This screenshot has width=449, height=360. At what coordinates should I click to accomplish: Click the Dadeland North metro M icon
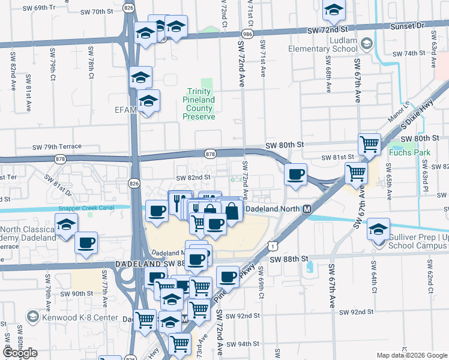click(x=307, y=209)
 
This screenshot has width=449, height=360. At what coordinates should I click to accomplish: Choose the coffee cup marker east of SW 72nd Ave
click(x=295, y=175)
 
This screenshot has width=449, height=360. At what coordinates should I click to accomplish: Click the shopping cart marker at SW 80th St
click(x=369, y=143)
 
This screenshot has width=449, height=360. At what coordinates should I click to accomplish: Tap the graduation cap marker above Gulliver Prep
click(x=379, y=229)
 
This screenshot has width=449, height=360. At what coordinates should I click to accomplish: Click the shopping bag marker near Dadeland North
click(x=232, y=210)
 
